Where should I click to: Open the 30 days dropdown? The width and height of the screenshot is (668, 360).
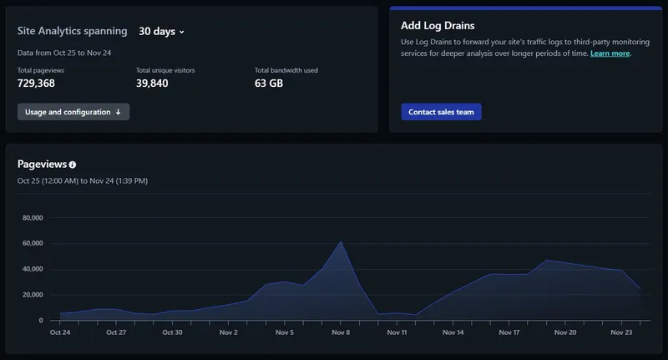pos(161,32)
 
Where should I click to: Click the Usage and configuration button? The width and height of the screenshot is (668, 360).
pos(73,112)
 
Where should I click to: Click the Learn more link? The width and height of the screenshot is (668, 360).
pos(610,53)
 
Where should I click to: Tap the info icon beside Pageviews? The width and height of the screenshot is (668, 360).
pos(73,165)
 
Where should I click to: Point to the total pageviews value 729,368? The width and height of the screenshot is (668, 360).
pos(36,83)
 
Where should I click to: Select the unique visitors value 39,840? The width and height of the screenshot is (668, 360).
pos(152,83)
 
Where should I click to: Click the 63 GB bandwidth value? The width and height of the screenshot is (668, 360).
pos(269,83)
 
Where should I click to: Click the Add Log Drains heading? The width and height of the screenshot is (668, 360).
pos(438,26)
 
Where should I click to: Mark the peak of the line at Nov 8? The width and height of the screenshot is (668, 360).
pos(341,242)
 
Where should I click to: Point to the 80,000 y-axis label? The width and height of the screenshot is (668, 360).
pos(33,218)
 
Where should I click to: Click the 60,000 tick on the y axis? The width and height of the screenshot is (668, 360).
pos(33,243)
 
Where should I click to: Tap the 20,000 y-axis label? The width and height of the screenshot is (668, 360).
pos(33,294)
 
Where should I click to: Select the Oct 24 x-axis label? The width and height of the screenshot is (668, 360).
pos(60,332)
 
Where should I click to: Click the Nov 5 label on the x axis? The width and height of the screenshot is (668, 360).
pos(285,332)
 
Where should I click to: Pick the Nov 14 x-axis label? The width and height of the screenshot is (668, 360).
pos(453,332)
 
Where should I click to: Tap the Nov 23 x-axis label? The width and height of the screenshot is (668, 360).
pos(621,332)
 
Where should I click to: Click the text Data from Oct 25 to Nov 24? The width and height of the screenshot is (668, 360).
pos(64,53)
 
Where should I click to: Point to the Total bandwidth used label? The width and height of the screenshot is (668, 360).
pos(286,70)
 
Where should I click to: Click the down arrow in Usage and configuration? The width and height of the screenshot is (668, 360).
pos(118,112)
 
